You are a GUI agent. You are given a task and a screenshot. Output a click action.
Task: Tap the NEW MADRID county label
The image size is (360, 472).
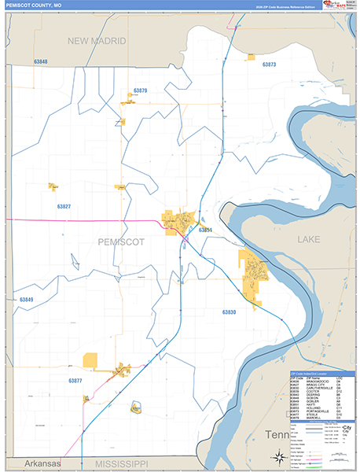click(97, 41)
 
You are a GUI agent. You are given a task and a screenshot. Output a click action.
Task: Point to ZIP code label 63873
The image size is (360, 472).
click(269, 65)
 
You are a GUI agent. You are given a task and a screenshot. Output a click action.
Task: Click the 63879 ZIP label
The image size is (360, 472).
click(140, 91)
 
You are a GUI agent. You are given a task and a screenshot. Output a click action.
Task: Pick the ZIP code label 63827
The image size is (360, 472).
click(64, 206)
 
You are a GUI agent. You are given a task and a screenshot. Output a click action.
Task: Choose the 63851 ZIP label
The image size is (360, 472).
click(205, 230)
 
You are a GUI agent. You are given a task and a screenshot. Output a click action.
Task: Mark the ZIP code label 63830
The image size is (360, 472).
click(229, 312)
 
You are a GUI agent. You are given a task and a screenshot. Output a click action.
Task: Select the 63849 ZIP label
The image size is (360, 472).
click(27, 300)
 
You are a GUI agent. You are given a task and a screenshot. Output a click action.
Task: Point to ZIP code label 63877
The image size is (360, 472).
click(75, 381)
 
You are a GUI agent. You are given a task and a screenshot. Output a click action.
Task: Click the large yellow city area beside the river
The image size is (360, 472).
click(255, 275)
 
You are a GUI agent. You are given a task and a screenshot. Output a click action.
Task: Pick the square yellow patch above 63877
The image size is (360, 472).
click(90, 360)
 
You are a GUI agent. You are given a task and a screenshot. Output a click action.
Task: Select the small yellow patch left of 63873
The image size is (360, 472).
click(251, 57)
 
